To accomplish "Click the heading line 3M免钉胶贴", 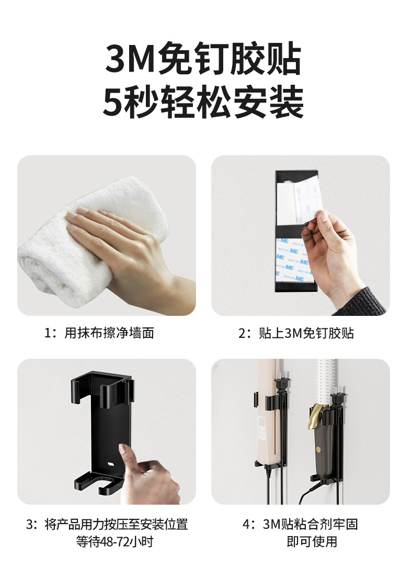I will pos(204,59).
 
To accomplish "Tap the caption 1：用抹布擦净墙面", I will pos(99,333).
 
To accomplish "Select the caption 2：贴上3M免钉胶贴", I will pos(296,333).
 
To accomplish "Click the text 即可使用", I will pos(312,541).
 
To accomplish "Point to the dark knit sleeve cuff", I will pos(366,301).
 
